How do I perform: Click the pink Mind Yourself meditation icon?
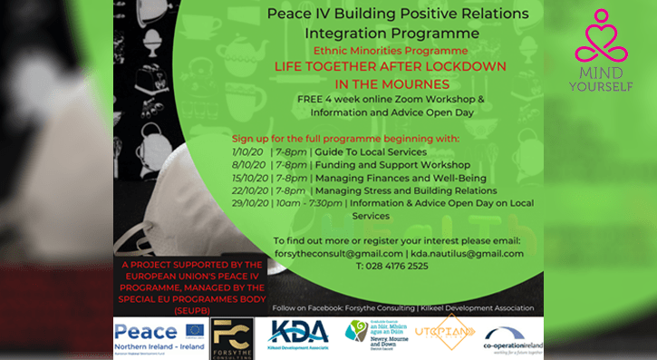(602, 35)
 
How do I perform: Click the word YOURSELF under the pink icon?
(602, 86)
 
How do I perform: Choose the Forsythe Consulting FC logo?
(231, 336)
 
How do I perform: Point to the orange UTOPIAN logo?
(445, 332)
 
